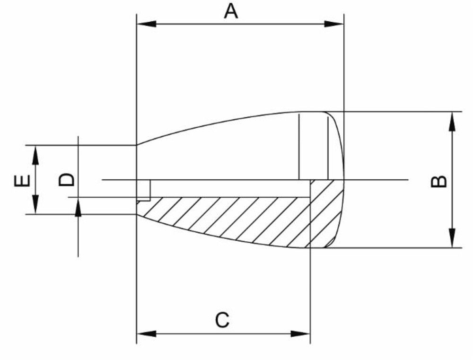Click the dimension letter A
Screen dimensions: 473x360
point(231,11)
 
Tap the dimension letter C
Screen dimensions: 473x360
point(222,320)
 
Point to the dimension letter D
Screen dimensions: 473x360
point(66,180)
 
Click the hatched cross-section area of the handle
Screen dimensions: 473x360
point(227,218)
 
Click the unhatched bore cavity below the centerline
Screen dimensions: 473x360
point(227,188)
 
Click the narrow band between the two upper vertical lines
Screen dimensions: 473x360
point(314,147)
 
